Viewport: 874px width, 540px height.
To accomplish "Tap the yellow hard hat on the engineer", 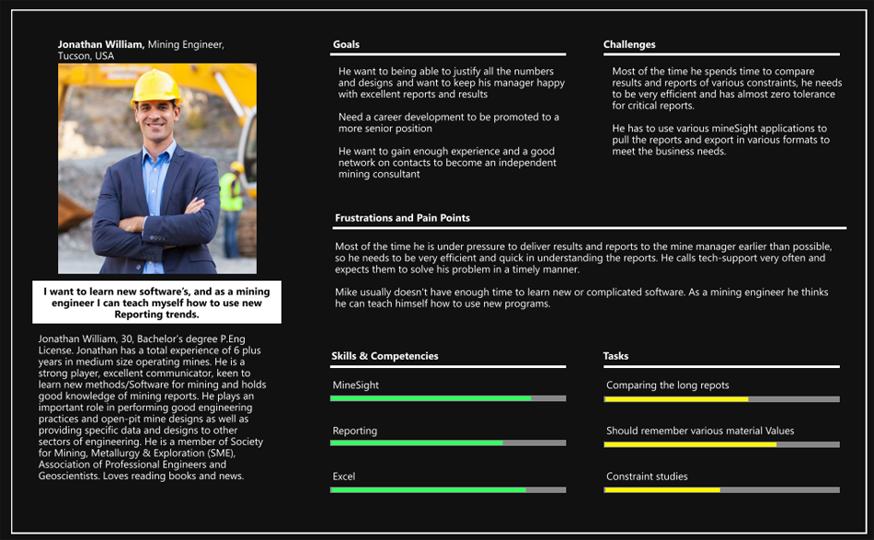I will click(x=156, y=86).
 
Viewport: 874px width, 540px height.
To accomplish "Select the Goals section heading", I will click(x=346, y=44).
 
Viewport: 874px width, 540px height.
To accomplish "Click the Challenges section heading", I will click(x=629, y=44).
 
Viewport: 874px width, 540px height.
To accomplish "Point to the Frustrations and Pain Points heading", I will click(x=402, y=218).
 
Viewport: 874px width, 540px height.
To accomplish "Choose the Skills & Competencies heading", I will click(x=385, y=356).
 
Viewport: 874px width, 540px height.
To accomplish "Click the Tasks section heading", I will click(x=615, y=356).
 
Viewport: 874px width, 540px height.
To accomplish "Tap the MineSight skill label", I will click(x=355, y=385).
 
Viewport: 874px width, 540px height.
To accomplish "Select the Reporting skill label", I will click(x=355, y=431).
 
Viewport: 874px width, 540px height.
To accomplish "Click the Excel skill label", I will click(x=344, y=477).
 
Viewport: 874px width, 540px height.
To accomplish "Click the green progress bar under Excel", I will click(x=428, y=490).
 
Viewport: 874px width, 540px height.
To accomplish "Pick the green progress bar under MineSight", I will click(x=431, y=398).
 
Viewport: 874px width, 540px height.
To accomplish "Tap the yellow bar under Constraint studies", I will click(x=661, y=490).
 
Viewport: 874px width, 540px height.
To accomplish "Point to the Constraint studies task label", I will click(x=647, y=477).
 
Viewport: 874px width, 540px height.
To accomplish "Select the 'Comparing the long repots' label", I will click(x=667, y=385).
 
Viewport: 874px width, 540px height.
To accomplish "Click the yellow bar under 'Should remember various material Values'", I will click(x=690, y=444).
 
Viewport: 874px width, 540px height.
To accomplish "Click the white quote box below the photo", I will click(x=156, y=303).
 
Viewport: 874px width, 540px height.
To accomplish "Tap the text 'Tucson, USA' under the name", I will click(x=86, y=56).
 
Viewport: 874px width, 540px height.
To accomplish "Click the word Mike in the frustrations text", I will click(x=347, y=292).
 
